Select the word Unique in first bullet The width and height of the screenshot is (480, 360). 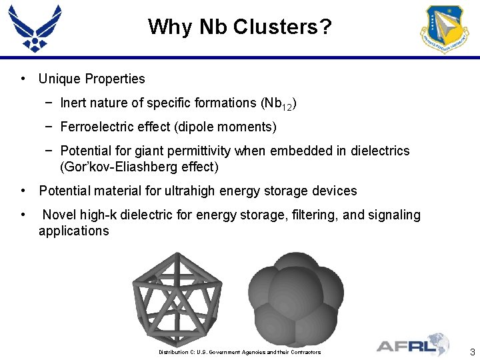[57, 79]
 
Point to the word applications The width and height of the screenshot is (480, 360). [73, 231]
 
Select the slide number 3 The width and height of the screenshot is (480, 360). [472, 352]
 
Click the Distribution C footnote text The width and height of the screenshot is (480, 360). [239, 352]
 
